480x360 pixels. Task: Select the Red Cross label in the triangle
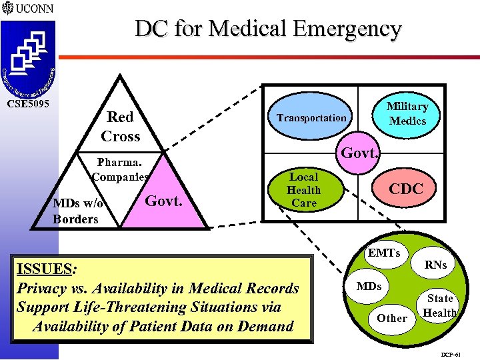[x=121, y=127]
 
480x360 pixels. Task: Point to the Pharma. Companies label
[x=120, y=169]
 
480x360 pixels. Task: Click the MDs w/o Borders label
[x=75, y=211]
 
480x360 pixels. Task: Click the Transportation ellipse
[x=312, y=118]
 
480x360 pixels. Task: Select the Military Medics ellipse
[x=407, y=113]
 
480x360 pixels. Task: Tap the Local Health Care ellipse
[x=304, y=190]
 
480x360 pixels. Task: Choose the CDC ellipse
[x=406, y=189]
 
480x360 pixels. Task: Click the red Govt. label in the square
[x=360, y=153]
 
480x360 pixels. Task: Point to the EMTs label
[x=384, y=253]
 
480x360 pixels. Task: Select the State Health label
[x=440, y=305]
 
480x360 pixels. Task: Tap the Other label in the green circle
[x=392, y=318]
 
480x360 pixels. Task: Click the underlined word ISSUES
[x=45, y=269]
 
